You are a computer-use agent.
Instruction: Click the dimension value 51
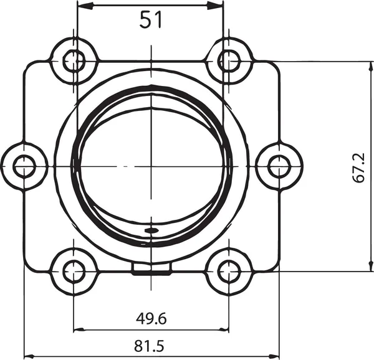point(150,20)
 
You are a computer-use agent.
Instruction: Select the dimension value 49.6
point(151,319)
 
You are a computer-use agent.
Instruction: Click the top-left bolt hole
point(74,61)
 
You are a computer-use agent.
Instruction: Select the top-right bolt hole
point(229,60)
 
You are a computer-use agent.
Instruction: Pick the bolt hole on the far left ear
point(24,166)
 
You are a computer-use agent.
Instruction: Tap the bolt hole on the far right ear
point(278,166)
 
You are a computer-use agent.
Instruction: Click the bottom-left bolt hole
point(74,271)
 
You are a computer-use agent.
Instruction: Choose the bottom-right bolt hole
point(229,271)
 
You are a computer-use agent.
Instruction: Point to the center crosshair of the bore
point(151,166)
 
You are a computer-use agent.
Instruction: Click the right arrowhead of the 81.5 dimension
point(275,356)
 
